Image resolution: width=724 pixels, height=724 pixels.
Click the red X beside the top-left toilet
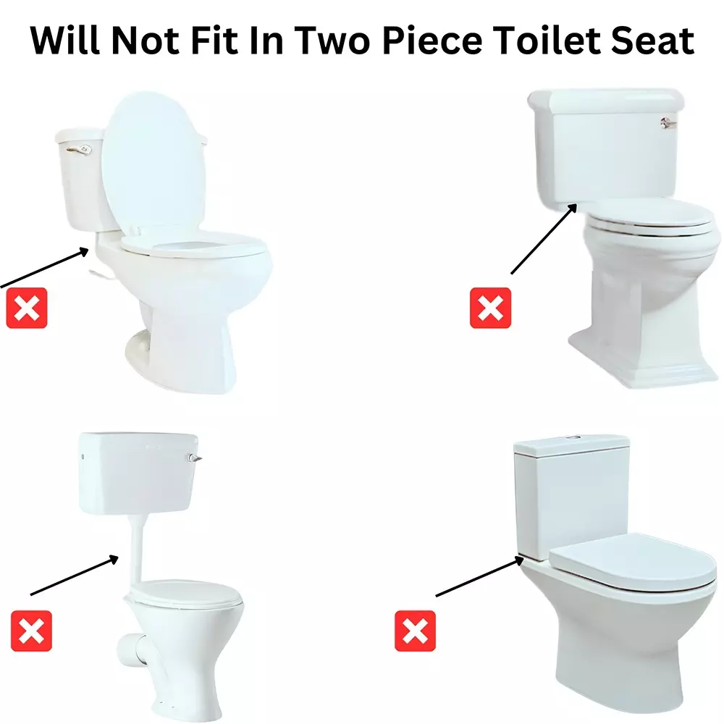click(x=27, y=308)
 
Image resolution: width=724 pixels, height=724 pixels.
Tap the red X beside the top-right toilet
click(x=490, y=308)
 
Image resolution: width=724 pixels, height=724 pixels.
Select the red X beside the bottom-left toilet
click(x=32, y=631)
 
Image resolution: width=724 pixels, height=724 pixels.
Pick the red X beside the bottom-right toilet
click(x=415, y=631)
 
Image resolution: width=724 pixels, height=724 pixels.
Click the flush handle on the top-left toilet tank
click(x=79, y=150)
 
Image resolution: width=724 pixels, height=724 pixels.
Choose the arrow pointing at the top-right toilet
click(x=543, y=239)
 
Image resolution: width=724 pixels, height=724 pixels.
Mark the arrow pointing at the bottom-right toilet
click(x=478, y=577)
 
